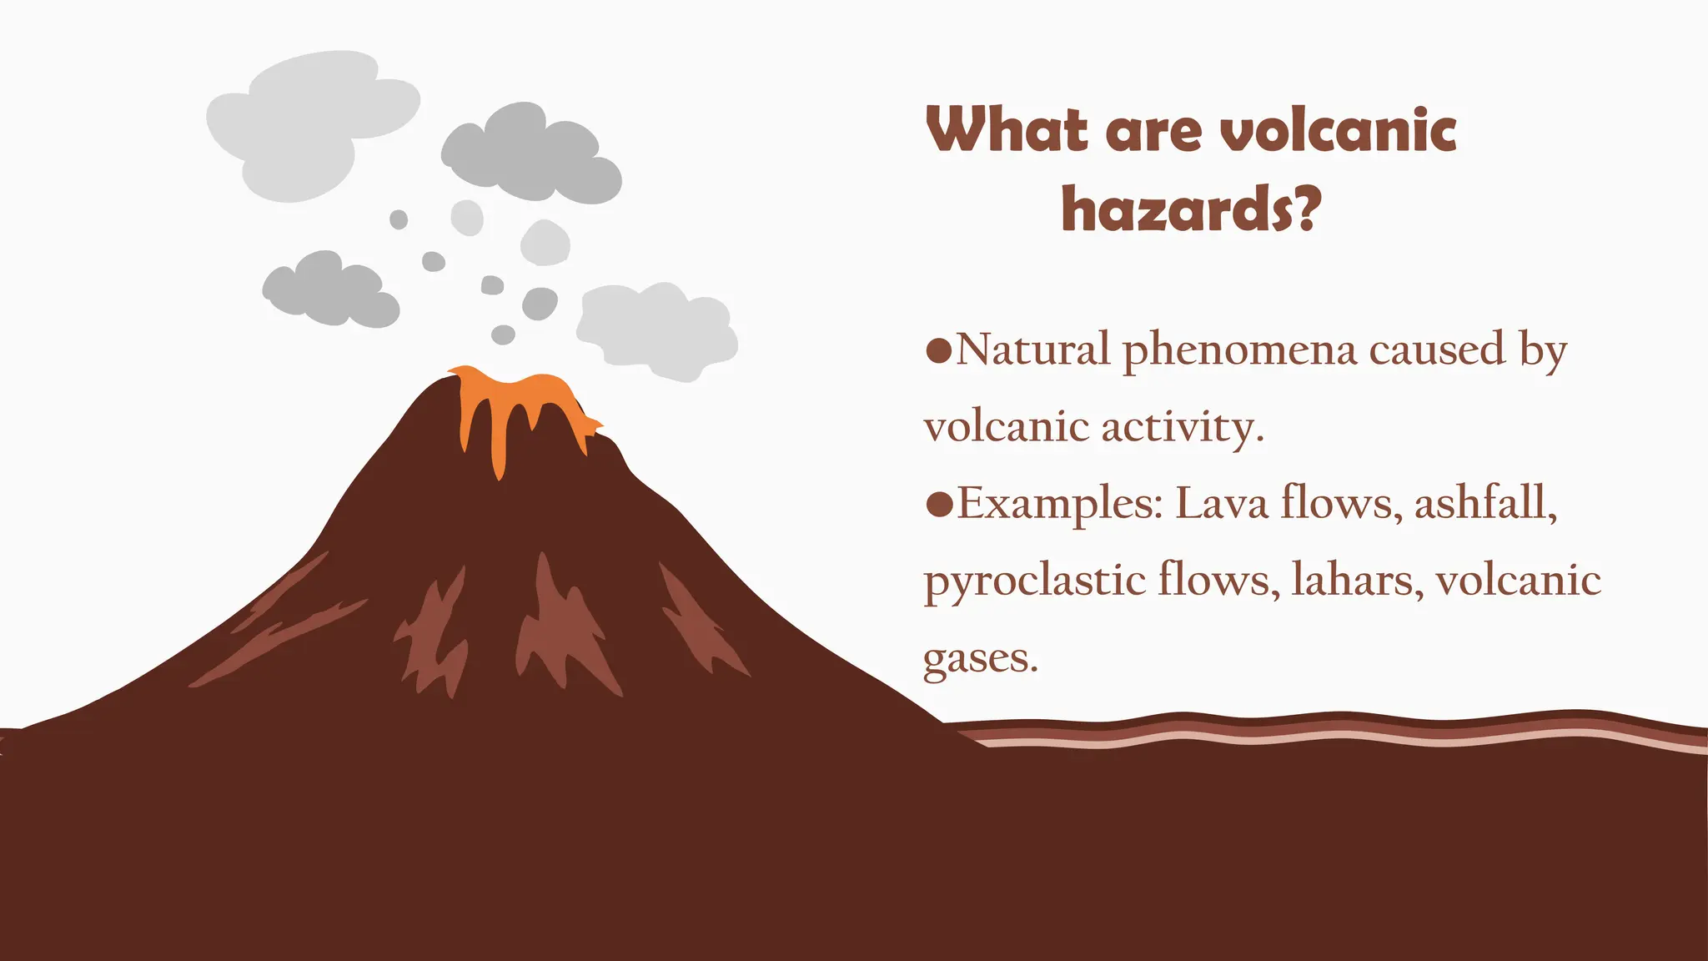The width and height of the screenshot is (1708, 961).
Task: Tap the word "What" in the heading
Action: point(1007,131)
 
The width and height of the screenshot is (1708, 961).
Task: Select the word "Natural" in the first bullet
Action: point(1032,350)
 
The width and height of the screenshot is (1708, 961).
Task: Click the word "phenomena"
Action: point(1239,351)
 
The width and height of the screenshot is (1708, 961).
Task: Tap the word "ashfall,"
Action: point(1485,503)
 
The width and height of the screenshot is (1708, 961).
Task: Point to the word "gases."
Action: point(981,659)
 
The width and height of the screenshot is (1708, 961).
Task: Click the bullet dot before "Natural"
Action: point(939,350)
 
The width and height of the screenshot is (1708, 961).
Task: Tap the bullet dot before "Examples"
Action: point(939,504)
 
